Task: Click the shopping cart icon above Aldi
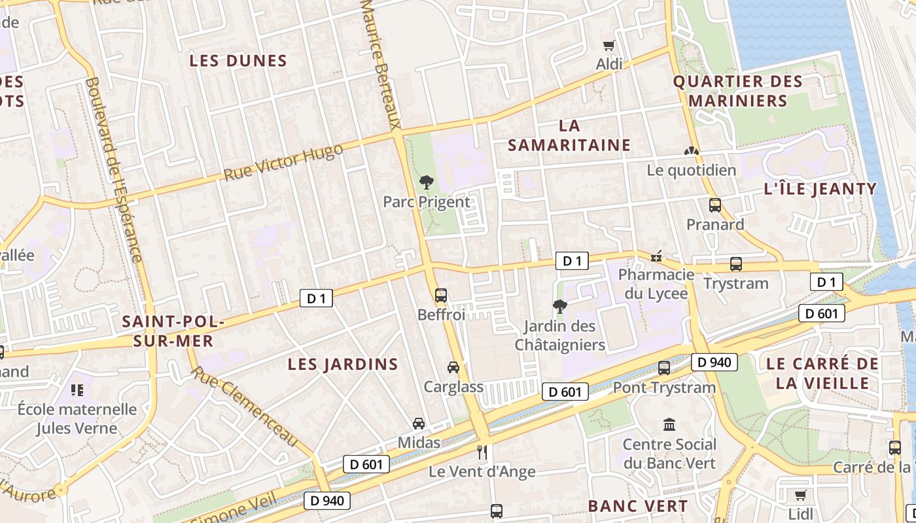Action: (x=609, y=45)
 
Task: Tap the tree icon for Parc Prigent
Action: (x=427, y=182)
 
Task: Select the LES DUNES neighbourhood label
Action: (x=238, y=61)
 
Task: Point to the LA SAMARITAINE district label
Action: (x=569, y=135)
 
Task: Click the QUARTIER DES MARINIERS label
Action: (x=738, y=91)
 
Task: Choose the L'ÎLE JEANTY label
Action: (x=820, y=189)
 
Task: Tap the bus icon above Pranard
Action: (x=714, y=205)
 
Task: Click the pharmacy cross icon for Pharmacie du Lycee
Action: (x=656, y=256)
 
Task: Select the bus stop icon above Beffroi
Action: (x=441, y=295)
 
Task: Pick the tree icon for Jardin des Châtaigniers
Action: (x=559, y=306)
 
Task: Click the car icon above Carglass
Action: (x=453, y=367)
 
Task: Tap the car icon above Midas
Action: (x=419, y=424)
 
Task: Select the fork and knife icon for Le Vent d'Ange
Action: (x=482, y=452)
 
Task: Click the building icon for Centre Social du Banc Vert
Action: (x=669, y=425)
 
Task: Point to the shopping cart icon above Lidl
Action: (x=800, y=495)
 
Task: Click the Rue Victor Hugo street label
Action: (x=283, y=163)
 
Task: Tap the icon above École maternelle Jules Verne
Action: (x=77, y=390)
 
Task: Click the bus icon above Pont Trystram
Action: (x=664, y=368)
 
